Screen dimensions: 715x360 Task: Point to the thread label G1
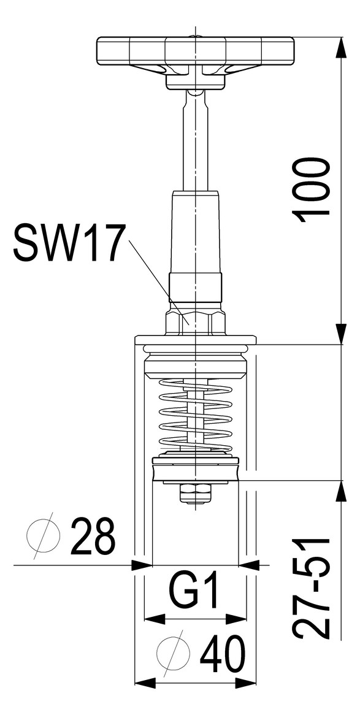point(194,593)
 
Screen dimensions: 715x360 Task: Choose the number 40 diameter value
point(222,654)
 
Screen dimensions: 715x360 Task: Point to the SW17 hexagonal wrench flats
point(194,322)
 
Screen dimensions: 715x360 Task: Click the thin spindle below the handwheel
point(195,141)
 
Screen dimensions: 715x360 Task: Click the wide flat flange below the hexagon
point(195,339)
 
